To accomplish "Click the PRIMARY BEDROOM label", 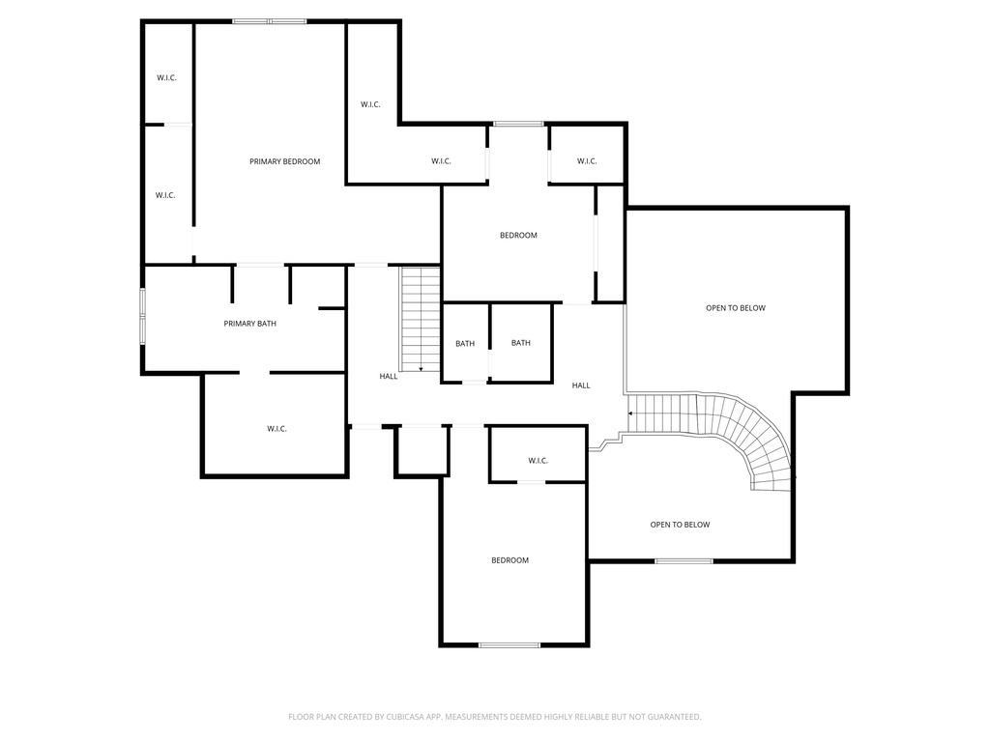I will point(284,161).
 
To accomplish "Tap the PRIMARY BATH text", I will point(249,324).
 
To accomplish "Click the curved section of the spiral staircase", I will point(759,440).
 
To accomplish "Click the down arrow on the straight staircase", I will point(421,367).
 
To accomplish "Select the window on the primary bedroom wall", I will point(269,21).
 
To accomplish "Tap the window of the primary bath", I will point(143,316).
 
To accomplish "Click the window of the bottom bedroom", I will point(510,644).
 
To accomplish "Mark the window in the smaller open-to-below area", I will point(684,560).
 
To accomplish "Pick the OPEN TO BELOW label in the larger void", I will point(735,308).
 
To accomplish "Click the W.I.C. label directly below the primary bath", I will point(277,429).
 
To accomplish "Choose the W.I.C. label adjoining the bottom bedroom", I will point(538,461).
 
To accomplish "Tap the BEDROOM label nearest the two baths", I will point(518,236).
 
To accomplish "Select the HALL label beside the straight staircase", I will point(388,377).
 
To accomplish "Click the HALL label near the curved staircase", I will point(580,385).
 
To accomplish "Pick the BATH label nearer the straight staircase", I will point(465,344).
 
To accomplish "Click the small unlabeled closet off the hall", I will point(422,450).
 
